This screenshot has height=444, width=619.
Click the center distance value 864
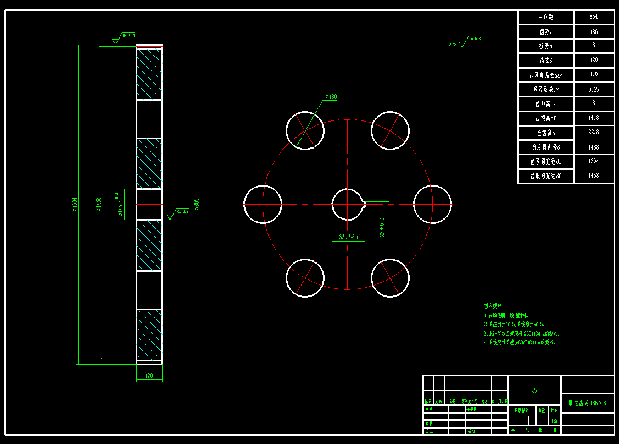point(593,17)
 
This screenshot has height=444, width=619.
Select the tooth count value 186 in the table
point(593,32)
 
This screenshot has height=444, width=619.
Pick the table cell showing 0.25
point(593,89)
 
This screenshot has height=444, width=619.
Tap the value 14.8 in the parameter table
point(593,118)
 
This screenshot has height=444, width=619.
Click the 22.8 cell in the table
point(593,133)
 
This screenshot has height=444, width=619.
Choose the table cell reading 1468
point(593,176)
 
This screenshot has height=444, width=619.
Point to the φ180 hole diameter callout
point(331,97)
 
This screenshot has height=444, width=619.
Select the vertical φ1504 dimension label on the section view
point(75,204)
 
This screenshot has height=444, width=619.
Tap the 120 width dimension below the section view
point(149,376)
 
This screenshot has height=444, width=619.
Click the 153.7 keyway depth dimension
point(348,238)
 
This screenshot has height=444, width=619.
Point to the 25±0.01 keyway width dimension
point(383,225)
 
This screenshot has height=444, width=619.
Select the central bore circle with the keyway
point(348,204)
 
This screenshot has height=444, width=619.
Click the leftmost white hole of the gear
point(263,204)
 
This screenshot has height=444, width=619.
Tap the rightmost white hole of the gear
point(432,204)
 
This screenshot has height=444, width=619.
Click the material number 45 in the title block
point(534,391)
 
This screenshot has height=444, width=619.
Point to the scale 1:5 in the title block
point(554,421)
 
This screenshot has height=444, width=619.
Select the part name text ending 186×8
point(587,403)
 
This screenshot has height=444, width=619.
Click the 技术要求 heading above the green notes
point(493,306)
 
